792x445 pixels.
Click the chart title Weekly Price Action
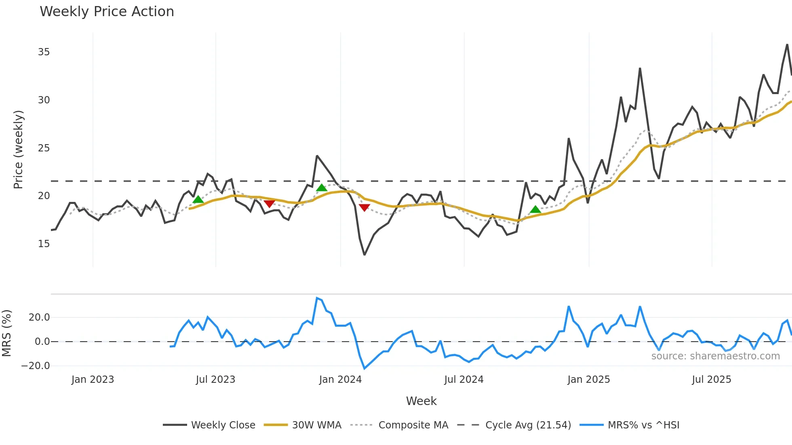click(x=107, y=12)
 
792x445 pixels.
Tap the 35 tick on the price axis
click(x=44, y=52)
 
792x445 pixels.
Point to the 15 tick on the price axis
click(x=44, y=244)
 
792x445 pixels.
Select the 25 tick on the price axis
click(x=44, y=148)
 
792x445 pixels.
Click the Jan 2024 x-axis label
click(x=340, y=380)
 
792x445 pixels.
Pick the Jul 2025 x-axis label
click(x=711, y=380)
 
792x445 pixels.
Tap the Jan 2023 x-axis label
click(x=93, y=380)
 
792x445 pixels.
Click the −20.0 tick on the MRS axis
click(x=36, y=366)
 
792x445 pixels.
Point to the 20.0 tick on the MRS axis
click(x=39, y=317)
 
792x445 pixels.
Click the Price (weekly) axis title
click(x=18, y=149)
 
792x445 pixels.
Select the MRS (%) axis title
click(x=6, y=333)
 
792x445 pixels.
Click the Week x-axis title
click(x=421, y=401)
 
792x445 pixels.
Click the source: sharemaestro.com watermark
click(x=715, y=356)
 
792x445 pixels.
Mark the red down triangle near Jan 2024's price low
click(x=364, y=208)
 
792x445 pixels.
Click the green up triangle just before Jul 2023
click(x=198, y=199)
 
